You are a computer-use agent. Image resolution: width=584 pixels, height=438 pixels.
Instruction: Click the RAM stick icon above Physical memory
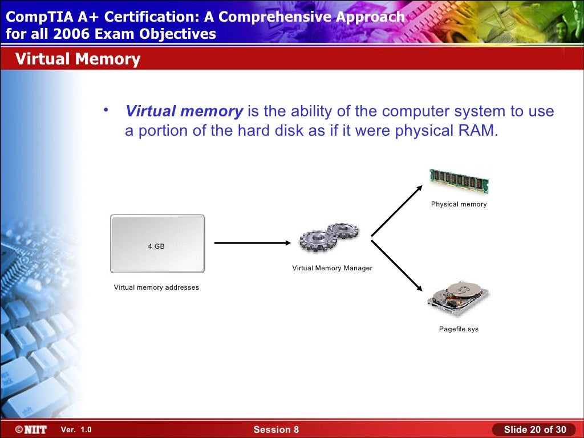pos(459,181)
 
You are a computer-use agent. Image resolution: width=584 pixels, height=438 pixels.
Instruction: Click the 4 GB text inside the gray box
pos(156,246)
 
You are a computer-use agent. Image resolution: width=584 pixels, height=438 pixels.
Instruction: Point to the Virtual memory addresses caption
pos(156,287)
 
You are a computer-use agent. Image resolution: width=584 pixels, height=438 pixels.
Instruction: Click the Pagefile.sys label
pos(459,329)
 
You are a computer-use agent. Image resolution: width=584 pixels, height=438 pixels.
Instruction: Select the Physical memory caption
pos(459,204)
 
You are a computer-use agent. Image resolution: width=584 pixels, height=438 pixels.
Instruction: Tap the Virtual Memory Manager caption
pos(332,268)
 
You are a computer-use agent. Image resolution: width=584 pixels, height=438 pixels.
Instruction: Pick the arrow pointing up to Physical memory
pos(397,210)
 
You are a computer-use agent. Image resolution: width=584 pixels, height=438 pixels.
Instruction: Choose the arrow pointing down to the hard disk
pos(397,266)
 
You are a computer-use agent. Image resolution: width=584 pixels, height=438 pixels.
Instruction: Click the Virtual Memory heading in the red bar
pos(78,59)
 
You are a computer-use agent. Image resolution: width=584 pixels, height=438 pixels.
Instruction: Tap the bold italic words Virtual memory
pos(184,111)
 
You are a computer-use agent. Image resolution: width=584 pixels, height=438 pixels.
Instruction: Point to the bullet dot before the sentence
pos(106,109)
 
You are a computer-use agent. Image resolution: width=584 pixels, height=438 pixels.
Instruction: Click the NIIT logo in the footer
pos(31,429)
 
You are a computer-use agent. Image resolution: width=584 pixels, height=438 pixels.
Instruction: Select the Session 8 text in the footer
pos(276,429)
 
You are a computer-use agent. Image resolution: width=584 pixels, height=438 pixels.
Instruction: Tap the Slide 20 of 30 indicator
pos(535,429)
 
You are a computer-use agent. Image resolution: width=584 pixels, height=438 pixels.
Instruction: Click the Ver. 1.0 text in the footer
pos(76,429)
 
